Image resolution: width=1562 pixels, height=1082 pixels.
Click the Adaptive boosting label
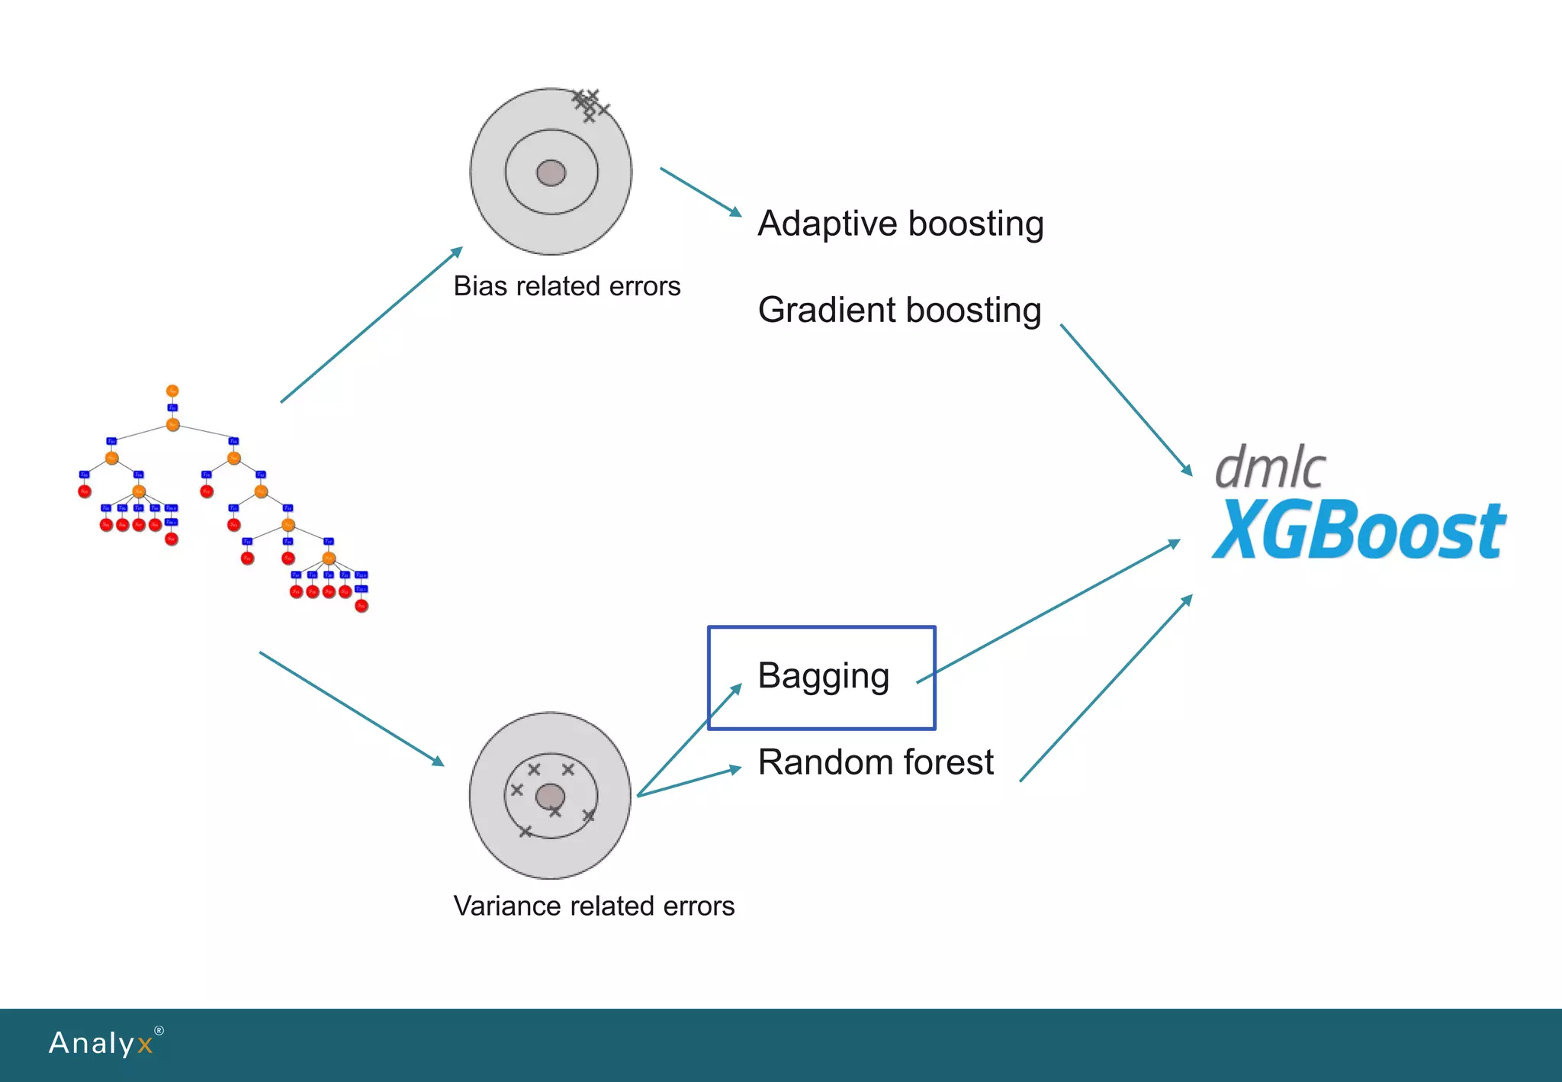[x=900, y=224]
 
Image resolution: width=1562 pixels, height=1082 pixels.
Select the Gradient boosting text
[x=899, y=311]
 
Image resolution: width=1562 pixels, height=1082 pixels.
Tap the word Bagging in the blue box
[x=823, y=676]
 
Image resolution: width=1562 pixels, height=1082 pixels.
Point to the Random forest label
[x=876, y=762]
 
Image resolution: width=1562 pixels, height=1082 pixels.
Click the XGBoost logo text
[x=1358, y=530]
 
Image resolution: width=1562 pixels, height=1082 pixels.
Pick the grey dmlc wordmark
[x=1270, y=466]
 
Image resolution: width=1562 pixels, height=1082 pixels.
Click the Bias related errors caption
[x=567, y=286]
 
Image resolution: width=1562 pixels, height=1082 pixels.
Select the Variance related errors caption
[x=593, y=906]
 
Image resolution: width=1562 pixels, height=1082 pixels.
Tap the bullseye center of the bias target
[x=551, y=173]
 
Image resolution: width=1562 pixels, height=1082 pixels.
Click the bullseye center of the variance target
[x=550, y=797]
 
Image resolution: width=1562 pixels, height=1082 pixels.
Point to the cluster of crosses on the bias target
[x=590, y=105]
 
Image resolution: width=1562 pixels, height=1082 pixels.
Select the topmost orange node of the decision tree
[x=172, y=391]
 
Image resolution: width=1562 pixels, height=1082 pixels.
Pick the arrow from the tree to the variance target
[x=352, y=709]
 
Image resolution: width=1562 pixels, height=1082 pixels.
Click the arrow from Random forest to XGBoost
[x=1106, y=688]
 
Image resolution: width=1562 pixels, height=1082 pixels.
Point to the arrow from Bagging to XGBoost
[x=1049, y=612]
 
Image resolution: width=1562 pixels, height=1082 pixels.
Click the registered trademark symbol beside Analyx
[x=159, y=1031]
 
